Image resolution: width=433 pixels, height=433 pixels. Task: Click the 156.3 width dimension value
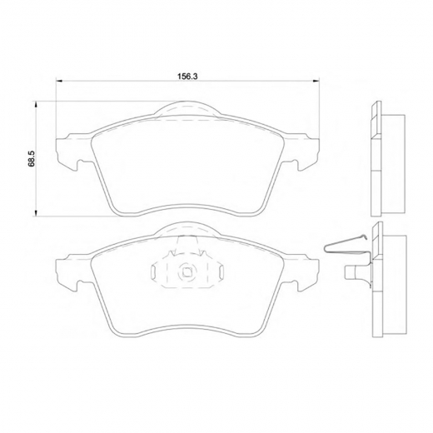pos(187,77)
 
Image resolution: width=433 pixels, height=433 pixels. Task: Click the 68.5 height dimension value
pos(31,159)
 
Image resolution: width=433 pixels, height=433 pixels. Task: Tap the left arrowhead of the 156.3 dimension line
pos(59,81)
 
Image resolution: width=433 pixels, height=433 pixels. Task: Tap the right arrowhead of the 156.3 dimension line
pos(316,81)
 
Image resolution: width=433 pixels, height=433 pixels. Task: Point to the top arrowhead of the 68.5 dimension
pos(35,105)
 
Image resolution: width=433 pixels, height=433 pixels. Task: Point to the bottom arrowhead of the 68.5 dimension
pos(35,212)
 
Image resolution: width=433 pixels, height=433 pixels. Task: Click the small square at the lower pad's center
pos(187,272)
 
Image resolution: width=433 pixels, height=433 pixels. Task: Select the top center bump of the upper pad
pos(187,107)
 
